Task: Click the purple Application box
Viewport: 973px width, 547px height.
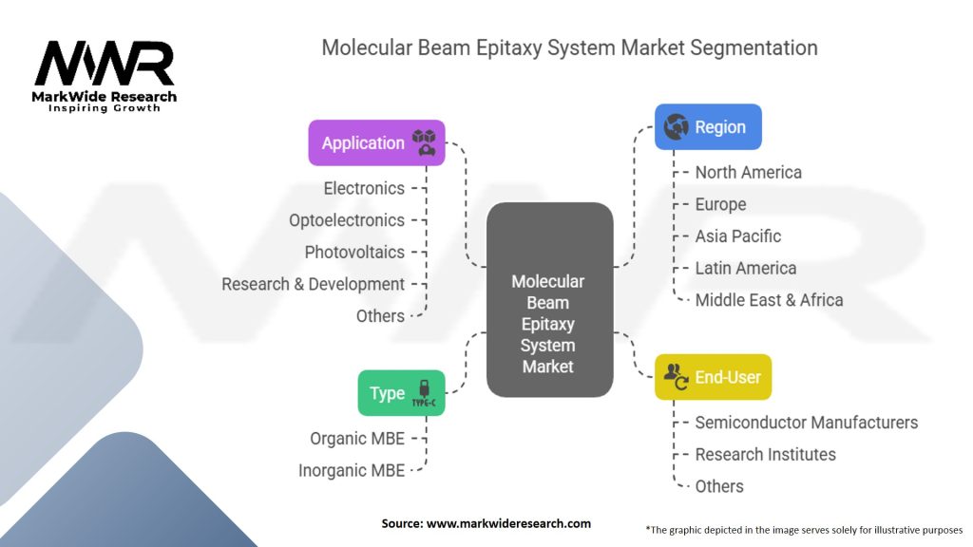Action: (376, 142)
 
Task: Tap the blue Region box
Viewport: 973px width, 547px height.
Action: (708, 126)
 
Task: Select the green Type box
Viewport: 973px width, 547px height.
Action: (401, 393)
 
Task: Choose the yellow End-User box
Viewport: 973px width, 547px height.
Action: (713, 377)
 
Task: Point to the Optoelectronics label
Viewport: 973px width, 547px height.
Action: (347, 220)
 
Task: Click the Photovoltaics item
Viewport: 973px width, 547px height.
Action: (354, 253)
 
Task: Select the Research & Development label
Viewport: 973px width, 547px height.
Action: (313, 284)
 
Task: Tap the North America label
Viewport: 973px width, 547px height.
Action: (748, 172)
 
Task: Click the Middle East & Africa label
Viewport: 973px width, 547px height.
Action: (769, 300)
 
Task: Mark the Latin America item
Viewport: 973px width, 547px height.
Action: (745, 268)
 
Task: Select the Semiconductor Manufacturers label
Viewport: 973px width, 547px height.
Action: (806, 423)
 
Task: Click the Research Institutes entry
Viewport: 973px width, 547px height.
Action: (765, 455)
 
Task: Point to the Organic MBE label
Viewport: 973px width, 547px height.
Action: (357, 439)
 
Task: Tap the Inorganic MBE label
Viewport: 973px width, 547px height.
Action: (352, 470)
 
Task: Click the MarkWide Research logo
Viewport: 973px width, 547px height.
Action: (105, 76)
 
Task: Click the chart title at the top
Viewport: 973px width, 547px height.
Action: (569, 47)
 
